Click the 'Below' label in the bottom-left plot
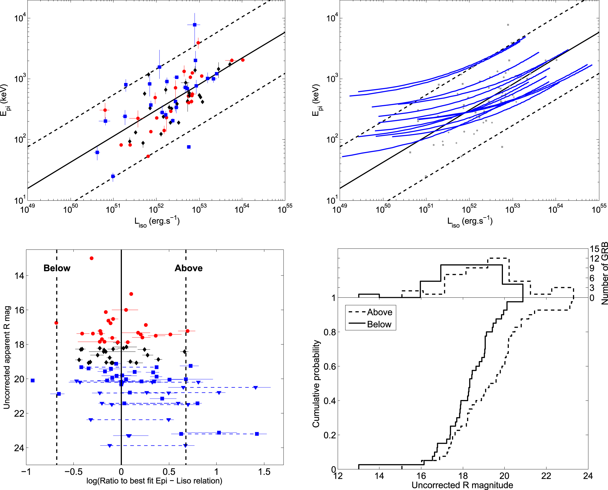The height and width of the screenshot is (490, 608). coord(57,268)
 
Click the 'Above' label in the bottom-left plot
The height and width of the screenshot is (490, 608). coord(189,268)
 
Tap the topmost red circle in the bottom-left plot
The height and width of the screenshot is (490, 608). coord(91,258)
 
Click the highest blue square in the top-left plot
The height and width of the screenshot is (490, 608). coord(194,25)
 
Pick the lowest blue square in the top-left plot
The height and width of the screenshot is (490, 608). coord(113,176)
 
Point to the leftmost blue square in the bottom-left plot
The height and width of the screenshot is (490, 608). coord(33,380)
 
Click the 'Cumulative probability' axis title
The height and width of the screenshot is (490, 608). coord(316,383)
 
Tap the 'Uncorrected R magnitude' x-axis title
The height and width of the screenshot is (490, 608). coord(462,485)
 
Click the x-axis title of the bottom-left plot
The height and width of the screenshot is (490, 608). coord(154,481)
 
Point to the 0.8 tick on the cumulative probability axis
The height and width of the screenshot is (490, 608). coord(329,332)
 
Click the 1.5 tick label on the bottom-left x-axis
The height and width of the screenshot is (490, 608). coord(264,472)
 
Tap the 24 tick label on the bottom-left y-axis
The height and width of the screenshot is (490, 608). coord(19,448)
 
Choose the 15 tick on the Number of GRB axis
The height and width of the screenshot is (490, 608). coord(594,249)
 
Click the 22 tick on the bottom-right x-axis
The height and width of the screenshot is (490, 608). coord(546,476)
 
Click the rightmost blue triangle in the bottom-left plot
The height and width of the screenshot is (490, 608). coord(255,388)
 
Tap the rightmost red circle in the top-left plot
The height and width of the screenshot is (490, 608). coord(243,60)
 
